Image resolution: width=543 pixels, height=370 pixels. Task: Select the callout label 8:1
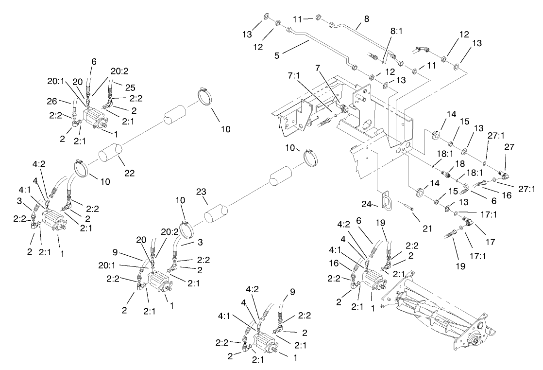click(x=396, y=31)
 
